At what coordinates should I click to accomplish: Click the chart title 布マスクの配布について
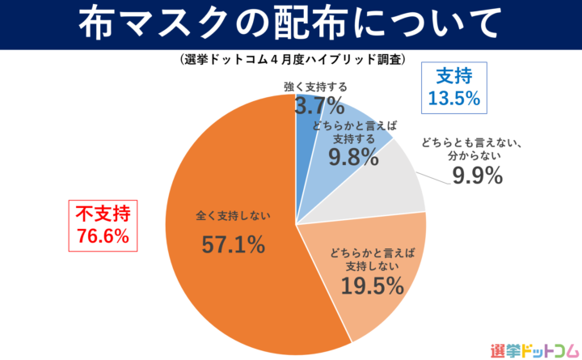point(290,24)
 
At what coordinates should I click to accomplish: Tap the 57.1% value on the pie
point(233,245)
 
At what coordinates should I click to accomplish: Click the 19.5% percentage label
point(373,286)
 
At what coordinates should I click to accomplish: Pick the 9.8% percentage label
point(353,156)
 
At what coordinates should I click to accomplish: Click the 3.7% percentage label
point(318,105)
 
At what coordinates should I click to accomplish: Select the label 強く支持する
point(315,87)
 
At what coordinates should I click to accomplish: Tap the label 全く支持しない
point(233,216)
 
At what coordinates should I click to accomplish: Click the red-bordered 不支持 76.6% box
point(103,225)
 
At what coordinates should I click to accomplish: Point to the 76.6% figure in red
point(103,236)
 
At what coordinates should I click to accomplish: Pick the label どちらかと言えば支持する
point(353,131)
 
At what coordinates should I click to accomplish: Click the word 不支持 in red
point(103,214)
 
